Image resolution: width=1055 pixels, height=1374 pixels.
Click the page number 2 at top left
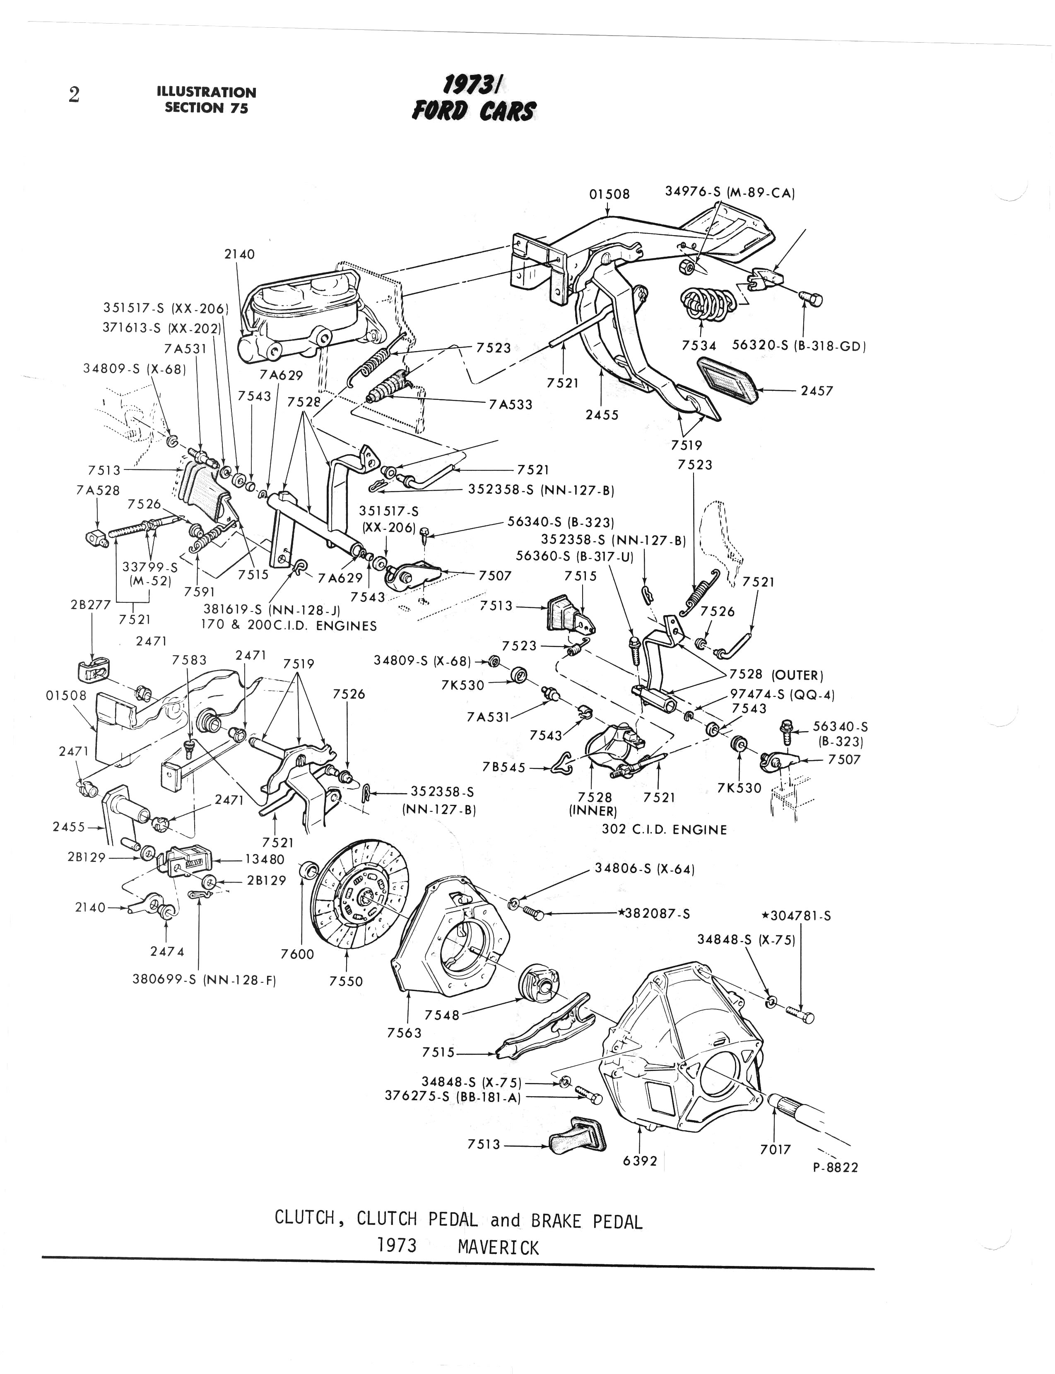(x=74, y=95)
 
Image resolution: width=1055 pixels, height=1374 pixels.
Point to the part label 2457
(x=817, y=391)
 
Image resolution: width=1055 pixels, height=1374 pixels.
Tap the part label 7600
(x=297, y=954)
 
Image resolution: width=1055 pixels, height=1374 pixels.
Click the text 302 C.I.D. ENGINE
(x=664, y=829)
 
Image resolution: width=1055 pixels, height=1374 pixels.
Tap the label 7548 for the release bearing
(x=442, y=1015)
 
